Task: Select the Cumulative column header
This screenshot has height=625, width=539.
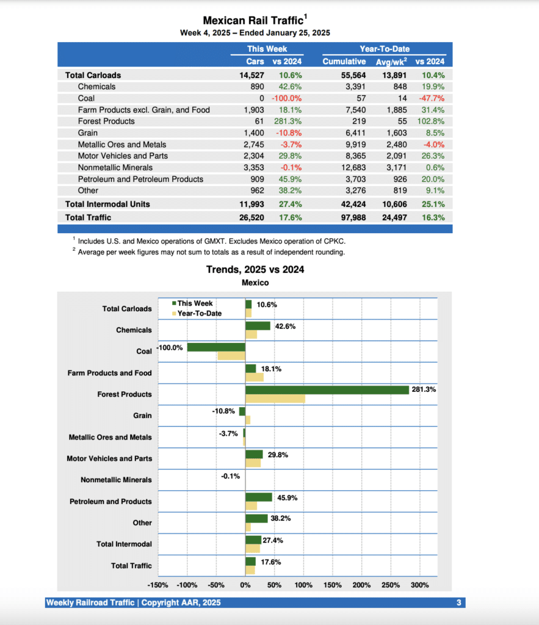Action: point(344,61)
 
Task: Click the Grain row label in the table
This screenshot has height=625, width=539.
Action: point(88,132)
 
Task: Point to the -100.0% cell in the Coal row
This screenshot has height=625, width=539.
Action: point(287,98)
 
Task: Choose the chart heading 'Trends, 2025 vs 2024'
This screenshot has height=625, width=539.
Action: point(255,269)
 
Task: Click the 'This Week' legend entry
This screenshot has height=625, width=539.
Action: point(195,303)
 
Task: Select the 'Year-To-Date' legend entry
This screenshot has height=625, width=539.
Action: point(199,313)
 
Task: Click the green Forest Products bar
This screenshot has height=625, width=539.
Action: point(327,390)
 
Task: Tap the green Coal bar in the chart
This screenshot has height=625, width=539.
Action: point(216,347)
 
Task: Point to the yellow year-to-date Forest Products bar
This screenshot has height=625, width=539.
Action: point(275,399)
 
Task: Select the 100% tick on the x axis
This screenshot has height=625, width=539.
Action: point(303,585)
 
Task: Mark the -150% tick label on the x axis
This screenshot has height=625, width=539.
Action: point(158,585)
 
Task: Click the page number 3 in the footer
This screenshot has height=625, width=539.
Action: point(458,603)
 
